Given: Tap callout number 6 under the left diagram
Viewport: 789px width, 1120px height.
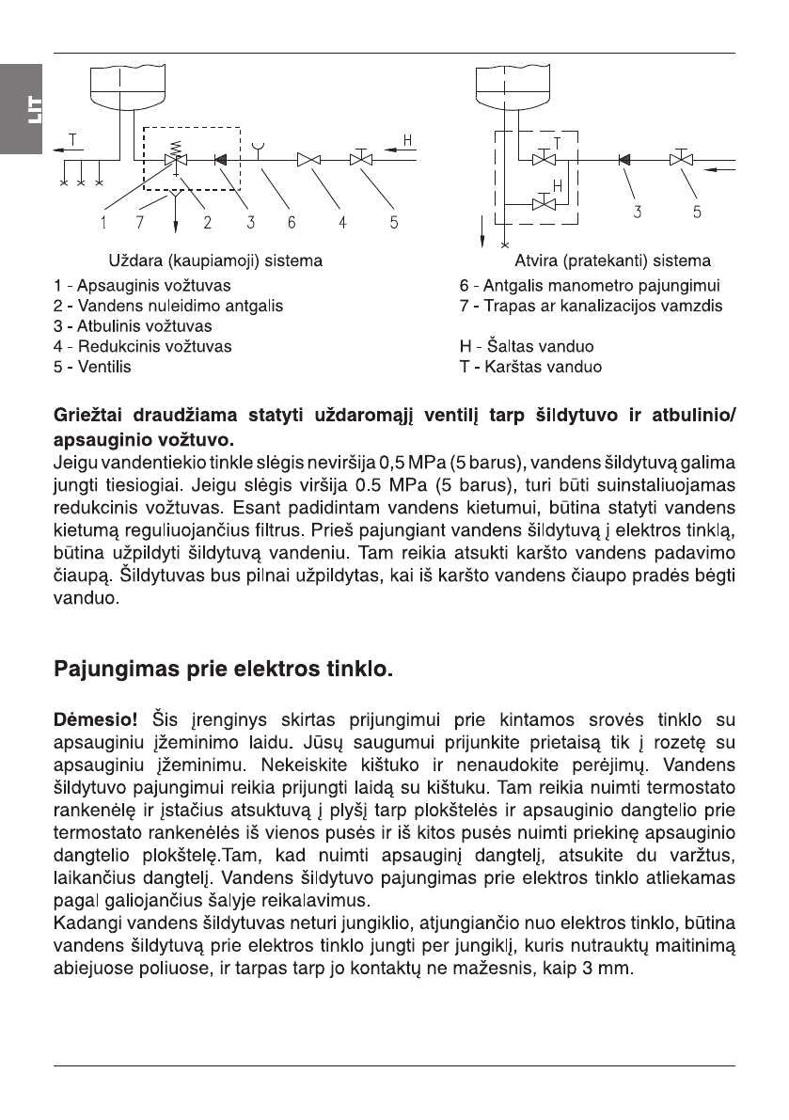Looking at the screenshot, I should click(x=292, y=223).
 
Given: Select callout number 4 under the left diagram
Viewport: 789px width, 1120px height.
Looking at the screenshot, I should click(x=343, y=223).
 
